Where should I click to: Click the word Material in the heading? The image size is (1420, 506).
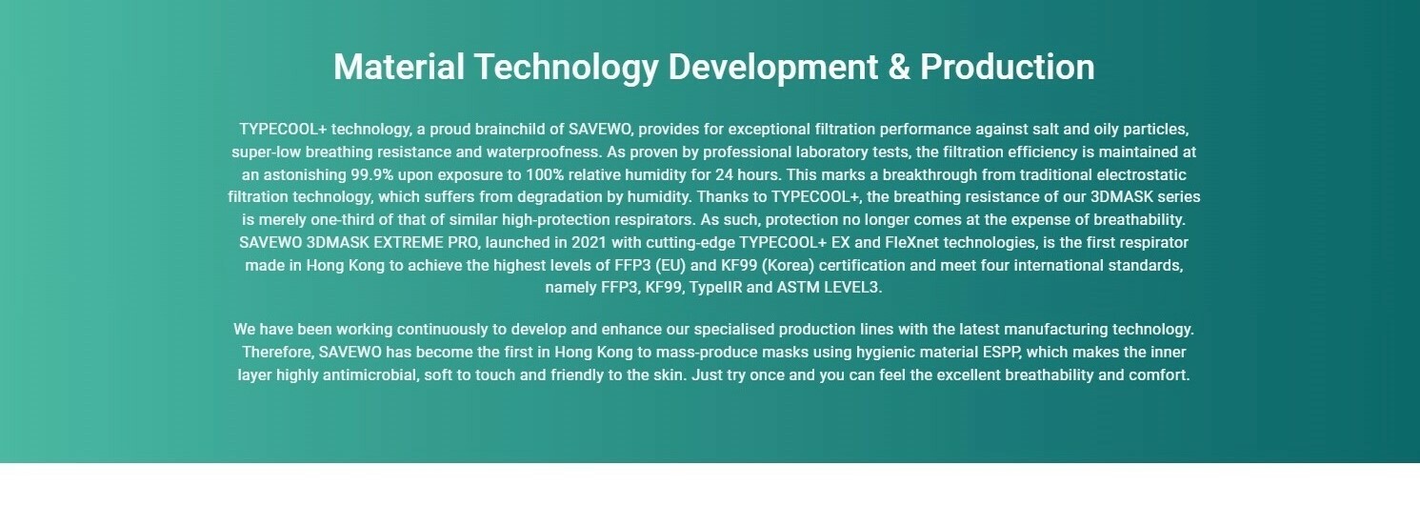[399, 67]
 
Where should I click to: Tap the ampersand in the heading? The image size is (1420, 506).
[899, 67]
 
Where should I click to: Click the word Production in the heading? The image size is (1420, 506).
[1008, 67]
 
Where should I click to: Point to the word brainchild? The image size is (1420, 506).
[510, 130]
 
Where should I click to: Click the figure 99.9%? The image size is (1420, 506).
[372, 175]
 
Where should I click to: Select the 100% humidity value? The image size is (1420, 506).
[545, 175]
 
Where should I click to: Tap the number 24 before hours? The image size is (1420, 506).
[723, 175]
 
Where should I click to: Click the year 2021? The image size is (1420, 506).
[589, 243]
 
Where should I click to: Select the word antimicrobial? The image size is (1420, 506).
[370, 375]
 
